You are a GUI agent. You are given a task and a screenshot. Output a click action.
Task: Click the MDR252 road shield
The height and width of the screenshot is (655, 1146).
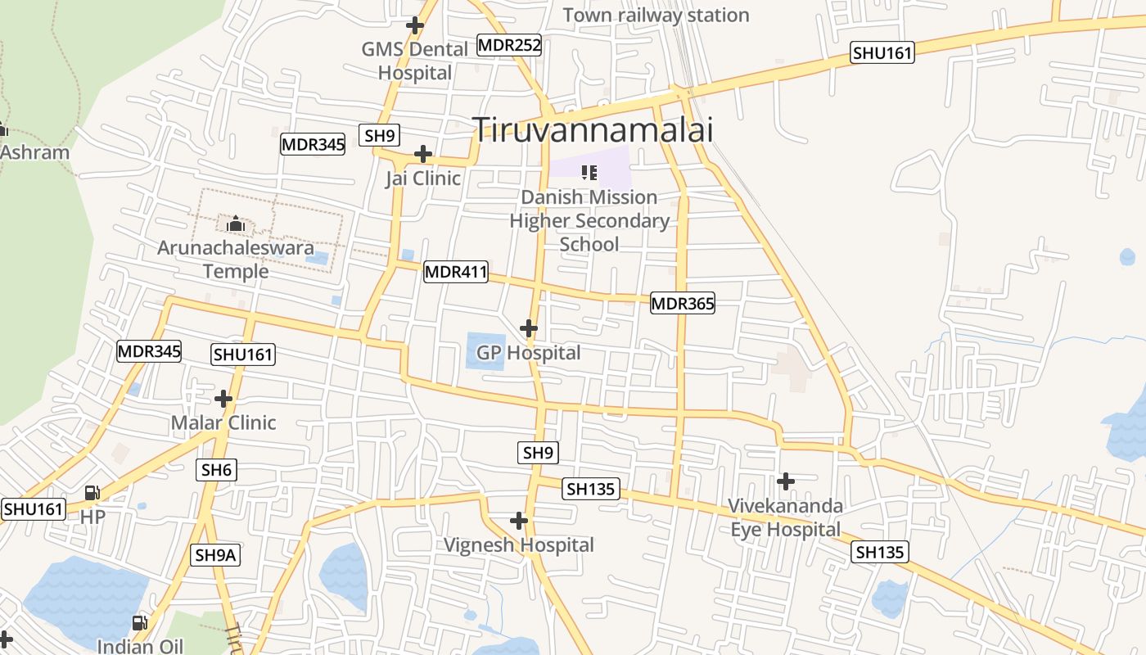pos(509,45)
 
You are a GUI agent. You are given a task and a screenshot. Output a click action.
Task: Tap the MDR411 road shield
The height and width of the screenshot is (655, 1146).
pos(456,272)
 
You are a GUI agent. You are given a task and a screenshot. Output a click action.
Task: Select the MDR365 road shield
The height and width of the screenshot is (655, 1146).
pos(683,304)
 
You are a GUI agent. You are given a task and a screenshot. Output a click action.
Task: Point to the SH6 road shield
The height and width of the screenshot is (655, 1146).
pos(217,470)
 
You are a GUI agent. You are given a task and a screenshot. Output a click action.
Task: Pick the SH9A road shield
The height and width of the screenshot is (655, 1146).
pos(216,555)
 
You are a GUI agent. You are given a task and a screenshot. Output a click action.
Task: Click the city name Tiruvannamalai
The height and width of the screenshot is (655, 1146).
pos(593,129)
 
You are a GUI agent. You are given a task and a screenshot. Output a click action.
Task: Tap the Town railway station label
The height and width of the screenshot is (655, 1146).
pos(656,15)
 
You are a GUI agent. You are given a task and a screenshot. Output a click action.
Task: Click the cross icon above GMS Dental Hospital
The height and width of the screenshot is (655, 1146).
pos(415,25)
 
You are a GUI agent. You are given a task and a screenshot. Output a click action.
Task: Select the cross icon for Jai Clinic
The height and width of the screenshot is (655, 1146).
pos(423,154)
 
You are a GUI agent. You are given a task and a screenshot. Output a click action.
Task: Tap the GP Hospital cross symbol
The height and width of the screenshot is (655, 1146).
pos(529,328)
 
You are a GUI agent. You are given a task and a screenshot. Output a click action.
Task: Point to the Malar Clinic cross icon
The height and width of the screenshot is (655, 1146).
pos(223,399)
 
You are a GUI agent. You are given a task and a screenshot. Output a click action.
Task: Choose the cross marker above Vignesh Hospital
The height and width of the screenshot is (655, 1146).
pos(519,521)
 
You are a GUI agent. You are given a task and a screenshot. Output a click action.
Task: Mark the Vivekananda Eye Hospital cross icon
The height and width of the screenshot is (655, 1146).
pos(786,481)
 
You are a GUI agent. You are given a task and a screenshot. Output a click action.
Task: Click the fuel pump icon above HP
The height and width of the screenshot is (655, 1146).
pos(92,493)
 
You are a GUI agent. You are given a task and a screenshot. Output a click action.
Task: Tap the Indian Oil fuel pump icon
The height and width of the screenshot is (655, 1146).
pos(140,623)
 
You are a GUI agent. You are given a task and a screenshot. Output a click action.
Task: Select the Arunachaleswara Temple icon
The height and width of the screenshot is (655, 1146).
pos(236,223)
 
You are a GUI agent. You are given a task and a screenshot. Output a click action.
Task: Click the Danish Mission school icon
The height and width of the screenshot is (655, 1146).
pos(589,172)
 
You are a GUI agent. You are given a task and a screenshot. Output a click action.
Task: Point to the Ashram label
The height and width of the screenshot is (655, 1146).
pos(34,152)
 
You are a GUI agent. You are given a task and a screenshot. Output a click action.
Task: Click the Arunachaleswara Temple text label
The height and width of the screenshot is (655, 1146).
pos(236,259)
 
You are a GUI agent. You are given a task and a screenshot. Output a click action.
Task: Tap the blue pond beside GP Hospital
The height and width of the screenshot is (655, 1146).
pos(485,350)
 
